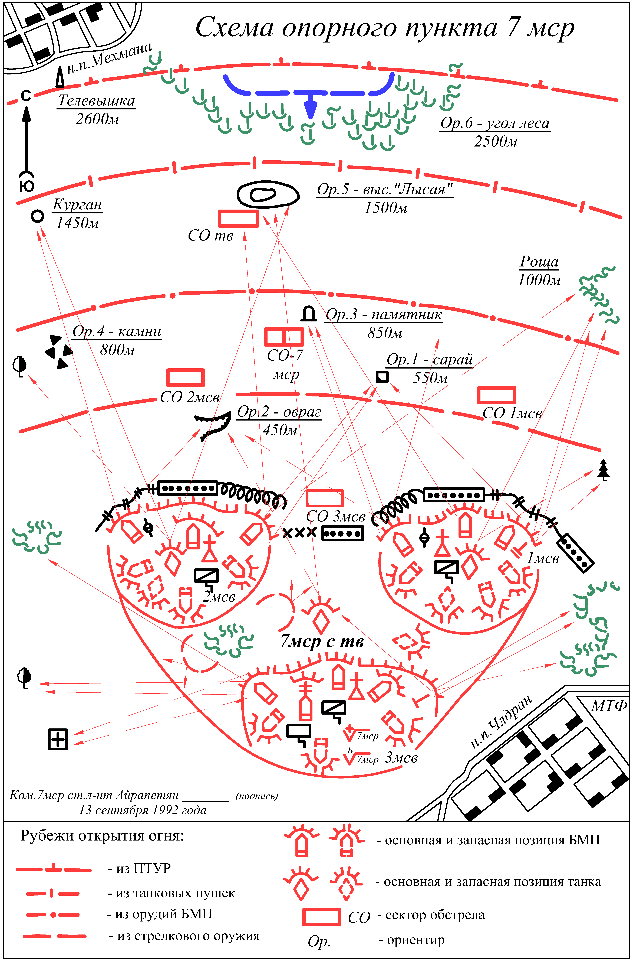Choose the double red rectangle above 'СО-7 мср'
(x=284, y=337)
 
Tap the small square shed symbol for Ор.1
(x=382, y=377)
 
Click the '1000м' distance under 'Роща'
(x=539, y=280)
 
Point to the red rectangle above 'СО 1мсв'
(x=496, y=395)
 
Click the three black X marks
(x=299, y=533)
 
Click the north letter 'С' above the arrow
(x=26, y=96)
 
